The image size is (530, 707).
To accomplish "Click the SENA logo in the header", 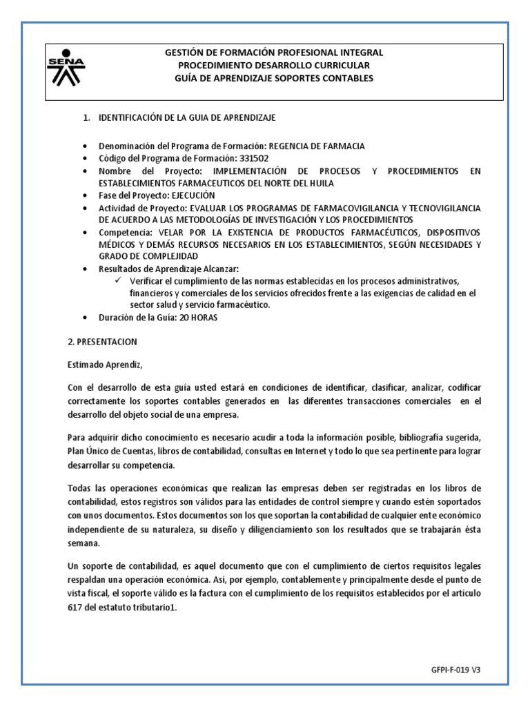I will click(x=66, y=67).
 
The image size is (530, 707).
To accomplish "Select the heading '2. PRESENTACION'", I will click(x=103, y=342).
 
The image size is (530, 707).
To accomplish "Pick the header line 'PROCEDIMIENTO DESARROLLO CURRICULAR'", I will click(x=274, y=65).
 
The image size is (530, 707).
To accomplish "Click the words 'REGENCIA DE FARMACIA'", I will click(x=316, y=146).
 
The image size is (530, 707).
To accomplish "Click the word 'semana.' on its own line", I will click(x=84, y=542).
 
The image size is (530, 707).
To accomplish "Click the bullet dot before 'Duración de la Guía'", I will click(x=84, y=318).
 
